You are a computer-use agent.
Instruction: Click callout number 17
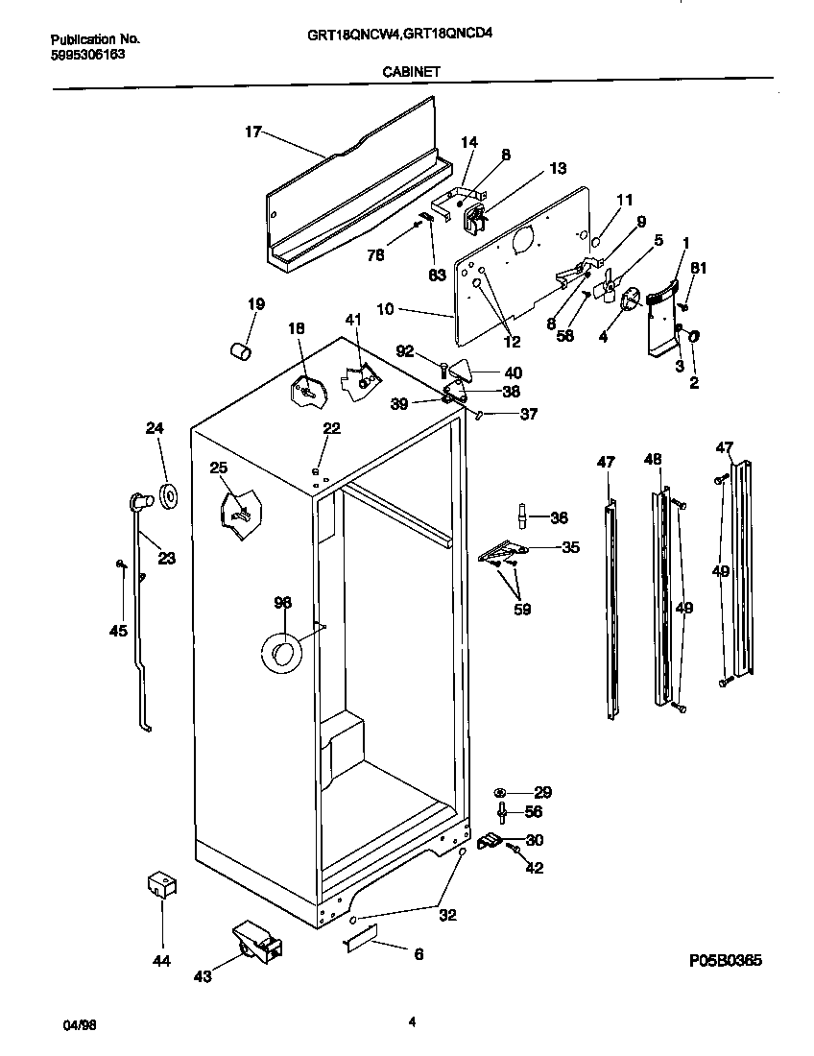pyautogui.click(x=252, y=132)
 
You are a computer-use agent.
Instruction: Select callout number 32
pyautogui.click(x=447, y=915)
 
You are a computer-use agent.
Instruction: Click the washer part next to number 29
pyautogui.click(x=502, y=793)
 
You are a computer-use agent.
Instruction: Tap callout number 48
pyautogui.click(x=653, y=461)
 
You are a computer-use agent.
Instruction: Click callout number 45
pyautogui.click(x=117, y=631)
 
